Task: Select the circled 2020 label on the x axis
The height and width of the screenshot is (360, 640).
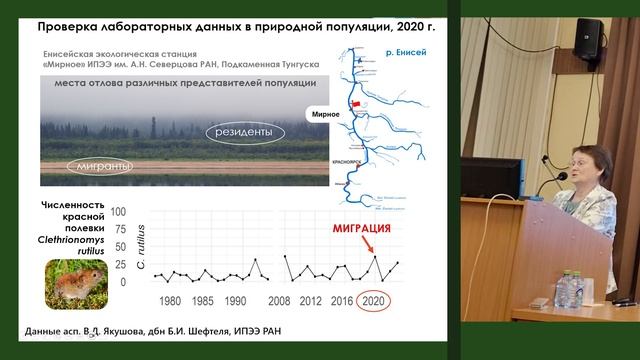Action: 374,301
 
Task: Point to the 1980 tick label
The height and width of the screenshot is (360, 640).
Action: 170,301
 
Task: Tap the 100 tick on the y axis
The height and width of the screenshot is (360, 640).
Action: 119,213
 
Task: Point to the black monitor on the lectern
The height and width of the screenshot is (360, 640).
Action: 491,177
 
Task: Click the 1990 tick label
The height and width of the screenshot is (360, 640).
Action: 237,301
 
